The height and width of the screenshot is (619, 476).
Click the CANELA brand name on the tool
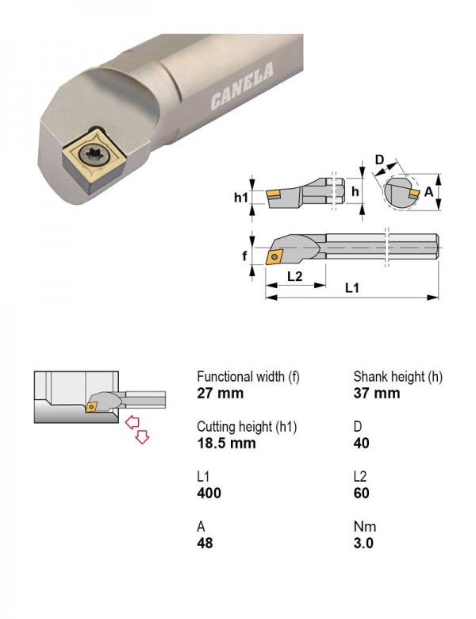[x=241, y=86]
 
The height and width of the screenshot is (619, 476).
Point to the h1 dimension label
[x=240, y=197]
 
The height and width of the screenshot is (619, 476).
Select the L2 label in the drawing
[x=294, y=275]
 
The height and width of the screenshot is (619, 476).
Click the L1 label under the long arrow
[x=352, y=288]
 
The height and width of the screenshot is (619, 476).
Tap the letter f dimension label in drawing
[x=244, y=256]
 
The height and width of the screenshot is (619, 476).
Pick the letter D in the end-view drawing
[x=379, y=160]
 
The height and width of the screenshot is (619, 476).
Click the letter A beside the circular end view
[x=428, y=192]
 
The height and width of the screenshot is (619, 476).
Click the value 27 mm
[x=221, y=393]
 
